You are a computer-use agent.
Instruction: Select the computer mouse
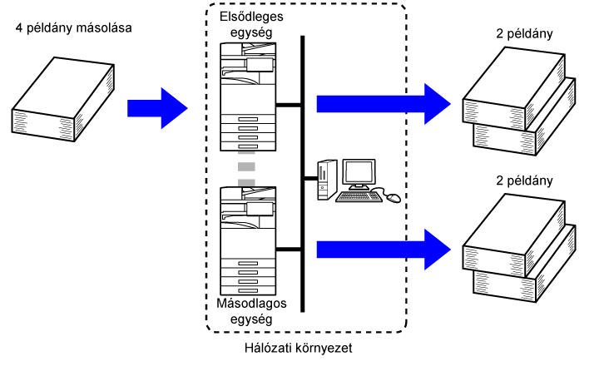[x=392, y=198]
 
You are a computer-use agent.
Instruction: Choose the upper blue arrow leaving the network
[x=383, y=104]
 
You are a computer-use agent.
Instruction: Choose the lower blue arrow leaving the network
[x=383, y=247]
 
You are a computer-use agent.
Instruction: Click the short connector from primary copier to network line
[x=288, y=105]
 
